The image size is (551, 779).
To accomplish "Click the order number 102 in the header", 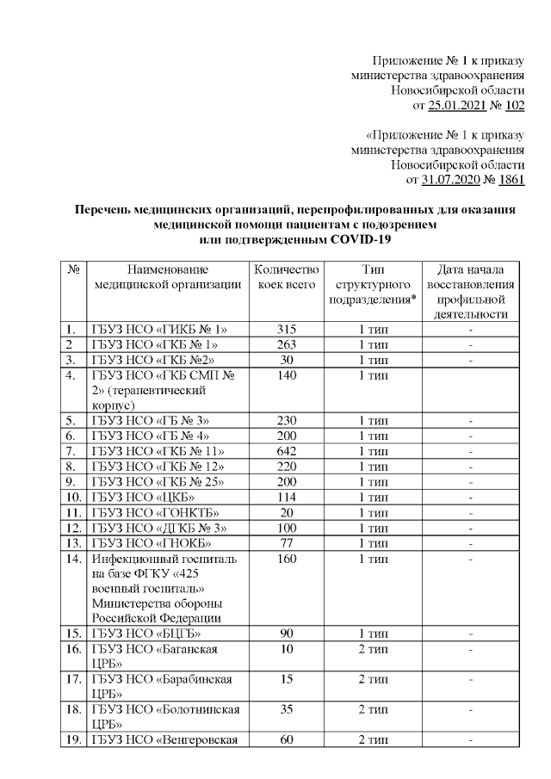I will tap(514, 107).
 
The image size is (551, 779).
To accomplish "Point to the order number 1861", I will tap(511, 180).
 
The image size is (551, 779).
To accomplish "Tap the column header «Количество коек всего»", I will tap(288, 277).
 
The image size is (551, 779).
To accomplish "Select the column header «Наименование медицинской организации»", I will tap(168, 277).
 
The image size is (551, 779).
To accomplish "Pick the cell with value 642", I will tap(288, 451).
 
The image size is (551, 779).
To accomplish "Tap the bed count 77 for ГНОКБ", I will tap(288, 545).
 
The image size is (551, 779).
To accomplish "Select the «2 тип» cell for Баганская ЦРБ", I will tap(372, 647).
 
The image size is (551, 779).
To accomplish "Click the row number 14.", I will tap(72, 560).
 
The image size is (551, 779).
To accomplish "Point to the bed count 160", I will tap(288, 560).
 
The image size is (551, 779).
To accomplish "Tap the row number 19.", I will tap(72, 740).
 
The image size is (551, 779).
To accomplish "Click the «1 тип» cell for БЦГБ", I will tap(372, 634).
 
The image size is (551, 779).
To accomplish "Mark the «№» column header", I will tap(72, 269).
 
